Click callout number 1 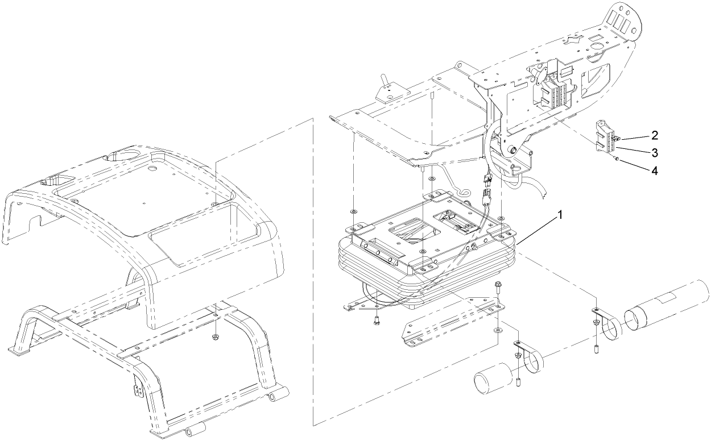(561, 215)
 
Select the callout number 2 (655, 135)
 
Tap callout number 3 (655, 152)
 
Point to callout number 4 (655, 170)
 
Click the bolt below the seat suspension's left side (377, 322)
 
